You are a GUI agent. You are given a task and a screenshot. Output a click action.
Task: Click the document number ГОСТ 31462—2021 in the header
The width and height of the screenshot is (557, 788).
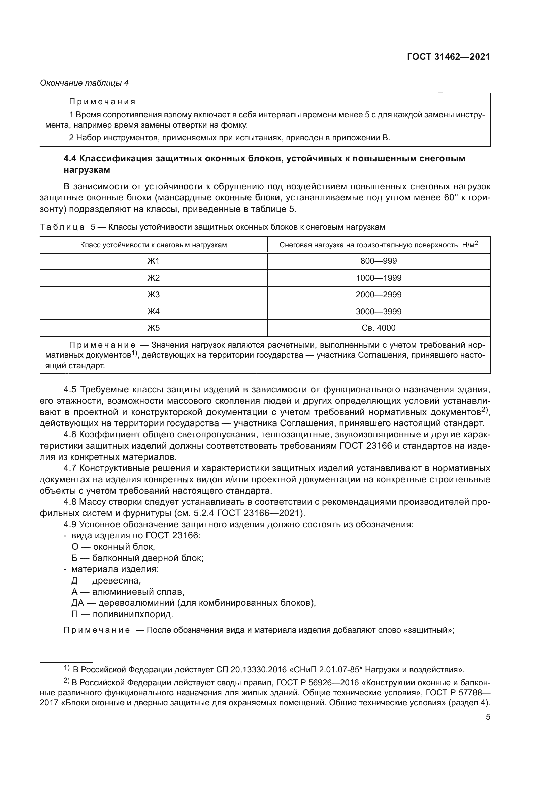click(x=448, y=57)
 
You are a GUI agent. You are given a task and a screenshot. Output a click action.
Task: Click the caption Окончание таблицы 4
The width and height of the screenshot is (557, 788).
click(x=85, y=83)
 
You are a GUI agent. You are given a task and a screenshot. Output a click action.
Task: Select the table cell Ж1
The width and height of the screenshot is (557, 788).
click(x=153, y=261)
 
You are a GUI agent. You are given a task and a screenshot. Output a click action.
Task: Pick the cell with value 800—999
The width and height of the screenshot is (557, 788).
click(x=378, y=261)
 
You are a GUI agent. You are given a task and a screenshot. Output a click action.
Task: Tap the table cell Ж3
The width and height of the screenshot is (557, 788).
click(x=153, y=294)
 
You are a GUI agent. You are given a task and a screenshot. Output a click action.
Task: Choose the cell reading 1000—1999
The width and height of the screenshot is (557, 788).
click(x=378, y=278)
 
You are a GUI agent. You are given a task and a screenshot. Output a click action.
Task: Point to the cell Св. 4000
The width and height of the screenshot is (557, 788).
click(x=378, y=328)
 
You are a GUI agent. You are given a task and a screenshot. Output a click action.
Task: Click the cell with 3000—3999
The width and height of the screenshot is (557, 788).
click(x=378, y=311)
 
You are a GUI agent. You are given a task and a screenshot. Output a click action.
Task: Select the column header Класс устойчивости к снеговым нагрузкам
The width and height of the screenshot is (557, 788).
click(x=153, y=245)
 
